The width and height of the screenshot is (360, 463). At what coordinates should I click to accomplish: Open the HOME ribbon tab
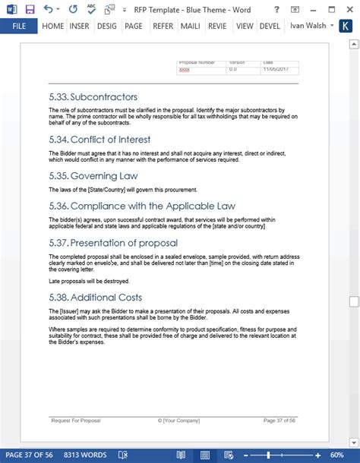[x=53, y=25]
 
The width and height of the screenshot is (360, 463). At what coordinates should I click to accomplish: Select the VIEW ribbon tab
[x=245, y=25]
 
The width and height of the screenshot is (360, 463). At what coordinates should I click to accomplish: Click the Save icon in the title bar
[x=30, y=8]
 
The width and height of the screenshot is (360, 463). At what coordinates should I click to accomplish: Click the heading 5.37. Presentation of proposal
[x=113, y=243]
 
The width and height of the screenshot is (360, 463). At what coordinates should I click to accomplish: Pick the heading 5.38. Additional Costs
[x=95, y=298]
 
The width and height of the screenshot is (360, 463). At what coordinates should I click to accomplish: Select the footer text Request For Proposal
[x=75, y=420]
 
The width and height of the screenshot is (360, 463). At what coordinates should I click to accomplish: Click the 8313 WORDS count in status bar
[x=85, y=455]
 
